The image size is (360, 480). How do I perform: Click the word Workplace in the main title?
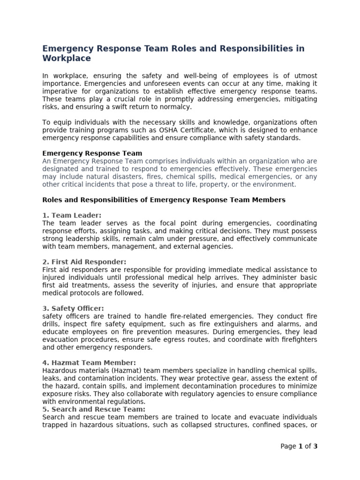pyautogui.click(x=67, y=59)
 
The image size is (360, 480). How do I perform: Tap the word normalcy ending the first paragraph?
pyautogui.click(x=175, y=107)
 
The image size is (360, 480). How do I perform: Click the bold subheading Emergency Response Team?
pyautogui.click(x=92, y=153)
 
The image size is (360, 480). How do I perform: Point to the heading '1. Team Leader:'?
pyautogui.click(x=72, y=215)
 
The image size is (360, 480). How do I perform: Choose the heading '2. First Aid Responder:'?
pyautogui.click(x=84, y=262)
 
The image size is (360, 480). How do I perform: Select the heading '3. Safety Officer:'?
pyautogui.click(x=73, y=308)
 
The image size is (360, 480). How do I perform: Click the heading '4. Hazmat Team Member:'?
pyautogui.click(x=89, y=362)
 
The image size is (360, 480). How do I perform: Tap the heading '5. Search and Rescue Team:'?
pyautogui.click(x=94, y=409)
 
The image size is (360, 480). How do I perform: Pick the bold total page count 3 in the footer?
pyautogui.click(x=315, y=446)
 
